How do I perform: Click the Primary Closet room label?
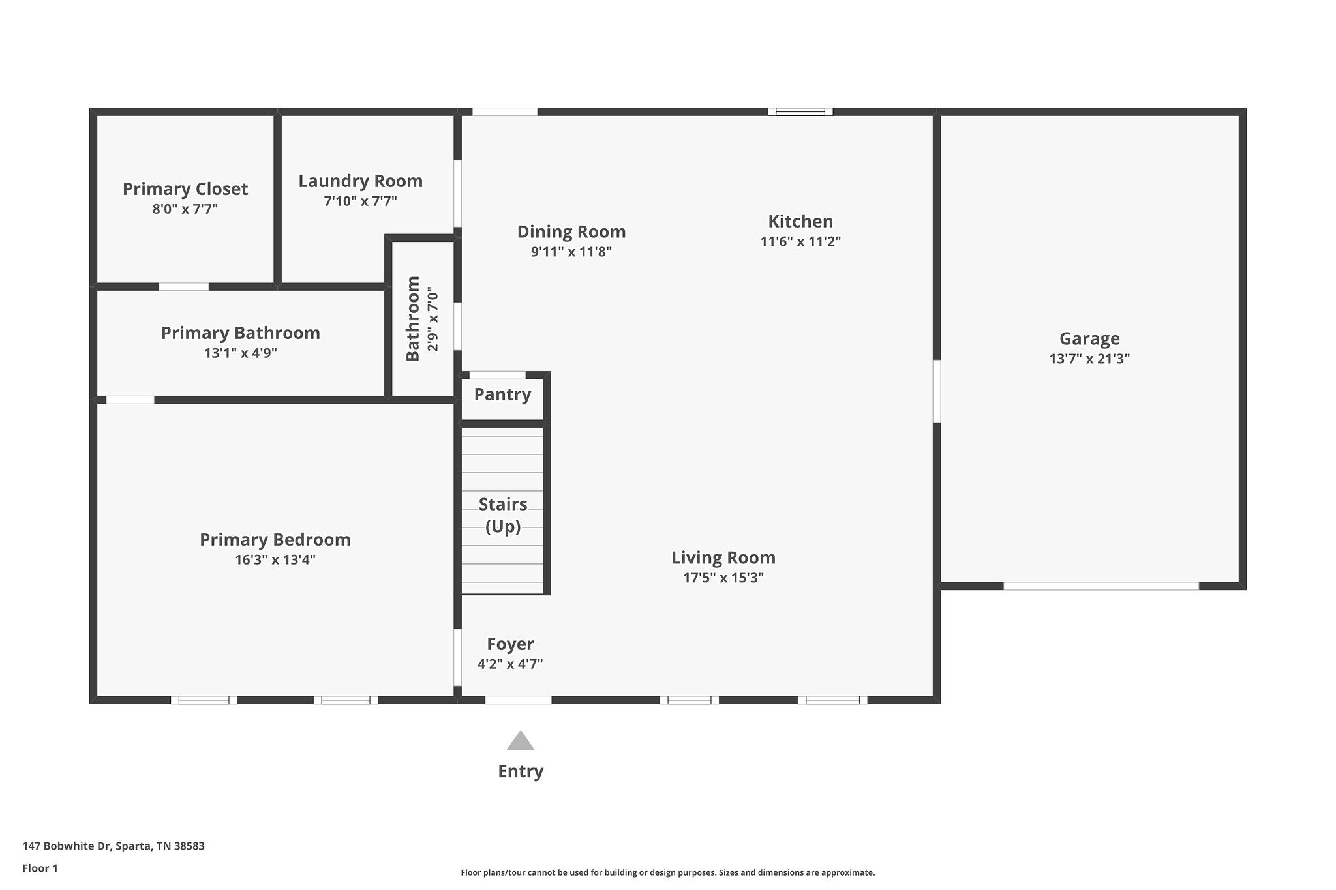pyautogui.click(x=185, y=189)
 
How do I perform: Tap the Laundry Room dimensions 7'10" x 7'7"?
pyautogui.click(x=361, y=201)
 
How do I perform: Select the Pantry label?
pyautogui.click(x=502, y=394)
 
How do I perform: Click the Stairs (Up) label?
pyautogui.click(x=503, y=515)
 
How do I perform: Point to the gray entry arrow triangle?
pyautogui.click(x=521, y=741)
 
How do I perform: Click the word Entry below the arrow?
pyautogui.click(x=521, y=771)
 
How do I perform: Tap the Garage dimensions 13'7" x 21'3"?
pyautogui.click(x=1089, y=359)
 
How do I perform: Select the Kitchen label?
pyautogui.click(x=800, y=221)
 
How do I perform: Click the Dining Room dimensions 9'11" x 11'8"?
pyautogui.click(x=571, y=252)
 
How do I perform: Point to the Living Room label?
pyautogui.click(x=723, y=558)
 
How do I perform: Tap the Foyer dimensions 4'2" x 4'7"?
pyautogui.click(x=510, y=664)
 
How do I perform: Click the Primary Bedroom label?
pyautogui.click(x=275, y=540)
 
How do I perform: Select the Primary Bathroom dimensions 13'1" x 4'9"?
pyautogui.click(x=241, y=353)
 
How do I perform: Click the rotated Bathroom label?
pyautogui.click(x=413, y=319)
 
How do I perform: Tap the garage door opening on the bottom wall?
pyautogui.click(x=1101, y=586)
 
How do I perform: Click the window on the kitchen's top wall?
pyautogui.click(x=800, y=111)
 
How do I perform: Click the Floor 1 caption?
pyautogui.click(x=40, y=868)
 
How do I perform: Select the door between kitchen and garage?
pyautogui.click(x=937, y=391)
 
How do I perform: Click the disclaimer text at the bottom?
pyautogui.click(x=668, y=872)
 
